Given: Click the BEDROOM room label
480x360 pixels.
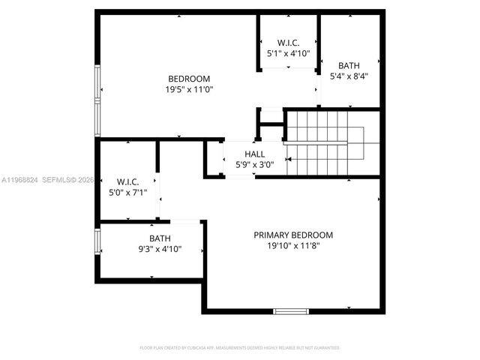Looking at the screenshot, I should click(189, 79).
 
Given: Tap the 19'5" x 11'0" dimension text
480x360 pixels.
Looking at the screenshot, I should click(189, 89).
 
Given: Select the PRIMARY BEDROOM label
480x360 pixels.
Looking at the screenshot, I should click(293, 235).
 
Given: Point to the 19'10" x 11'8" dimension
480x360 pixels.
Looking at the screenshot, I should click(293, 245).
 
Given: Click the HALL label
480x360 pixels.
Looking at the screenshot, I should click(244, 154).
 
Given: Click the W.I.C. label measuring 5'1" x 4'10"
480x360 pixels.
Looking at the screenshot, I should click(289, 43).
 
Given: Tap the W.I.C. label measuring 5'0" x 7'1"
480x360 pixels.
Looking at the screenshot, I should click(127, 181).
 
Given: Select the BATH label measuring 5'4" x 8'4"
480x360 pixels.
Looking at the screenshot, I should click(349, 65).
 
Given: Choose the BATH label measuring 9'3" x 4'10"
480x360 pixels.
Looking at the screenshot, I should click(160, 238).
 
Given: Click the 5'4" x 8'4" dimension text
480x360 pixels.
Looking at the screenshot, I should click(349, 76).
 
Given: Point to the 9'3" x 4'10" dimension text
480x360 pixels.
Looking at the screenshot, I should click(160, 249).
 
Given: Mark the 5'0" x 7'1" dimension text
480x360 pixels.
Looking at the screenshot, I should click(127, 192).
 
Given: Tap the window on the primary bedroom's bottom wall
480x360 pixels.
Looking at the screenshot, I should click(291, 310).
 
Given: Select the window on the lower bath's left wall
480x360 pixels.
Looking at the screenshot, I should click(97, 241).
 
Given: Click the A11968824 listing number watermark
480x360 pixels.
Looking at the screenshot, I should click(19, 180).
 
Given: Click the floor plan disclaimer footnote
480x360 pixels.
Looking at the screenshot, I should click(240, 348).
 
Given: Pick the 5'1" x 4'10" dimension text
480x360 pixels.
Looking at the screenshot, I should click(289, 54).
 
